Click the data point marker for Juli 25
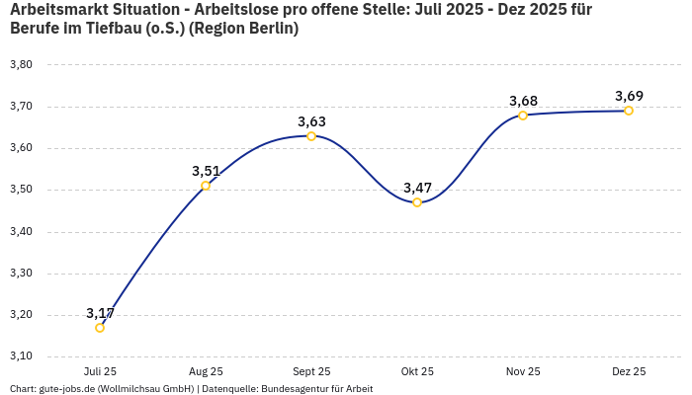(x=100, y=328)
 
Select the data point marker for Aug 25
(x=206, y=186)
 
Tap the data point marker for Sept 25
(x=311, y=136)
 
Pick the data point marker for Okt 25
(x=417, y=202)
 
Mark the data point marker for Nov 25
(x=523, y=116)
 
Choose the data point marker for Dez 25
(x=629, y=111)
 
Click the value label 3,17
(x=100, y=313)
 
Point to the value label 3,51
(x=206, y=171)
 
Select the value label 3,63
(x=311, y=121)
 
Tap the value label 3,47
(x=417, y=188)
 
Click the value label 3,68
(x=523, y=101)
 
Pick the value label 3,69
(x=629, y=96)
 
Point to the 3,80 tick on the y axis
(x=21, y=65)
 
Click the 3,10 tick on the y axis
(x=21, y=356)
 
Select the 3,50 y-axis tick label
(x=21, y=190)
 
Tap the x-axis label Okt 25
(x=417, y=371)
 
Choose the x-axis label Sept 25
(x=311, y=371)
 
